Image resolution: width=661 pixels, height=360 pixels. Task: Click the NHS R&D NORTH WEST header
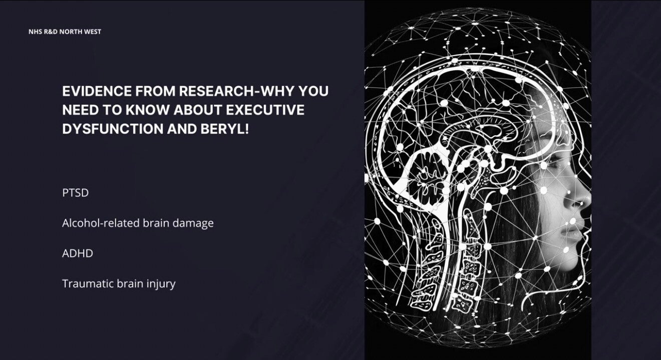[x=65, y=32]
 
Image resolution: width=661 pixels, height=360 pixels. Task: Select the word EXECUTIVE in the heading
[x=265, y=110]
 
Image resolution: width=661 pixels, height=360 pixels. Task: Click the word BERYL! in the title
[x=225, y=129]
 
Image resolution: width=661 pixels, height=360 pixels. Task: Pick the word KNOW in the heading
[x=147, y=110]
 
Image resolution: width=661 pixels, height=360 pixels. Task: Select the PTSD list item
[x=76, y=193]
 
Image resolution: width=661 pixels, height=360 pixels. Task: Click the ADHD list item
[x=78, y=253]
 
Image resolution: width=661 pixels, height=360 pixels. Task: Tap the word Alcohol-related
[x=101, y=223]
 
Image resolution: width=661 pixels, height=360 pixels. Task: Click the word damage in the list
[x=193, y=224]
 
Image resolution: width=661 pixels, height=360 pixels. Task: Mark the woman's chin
[x=571, y=260]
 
